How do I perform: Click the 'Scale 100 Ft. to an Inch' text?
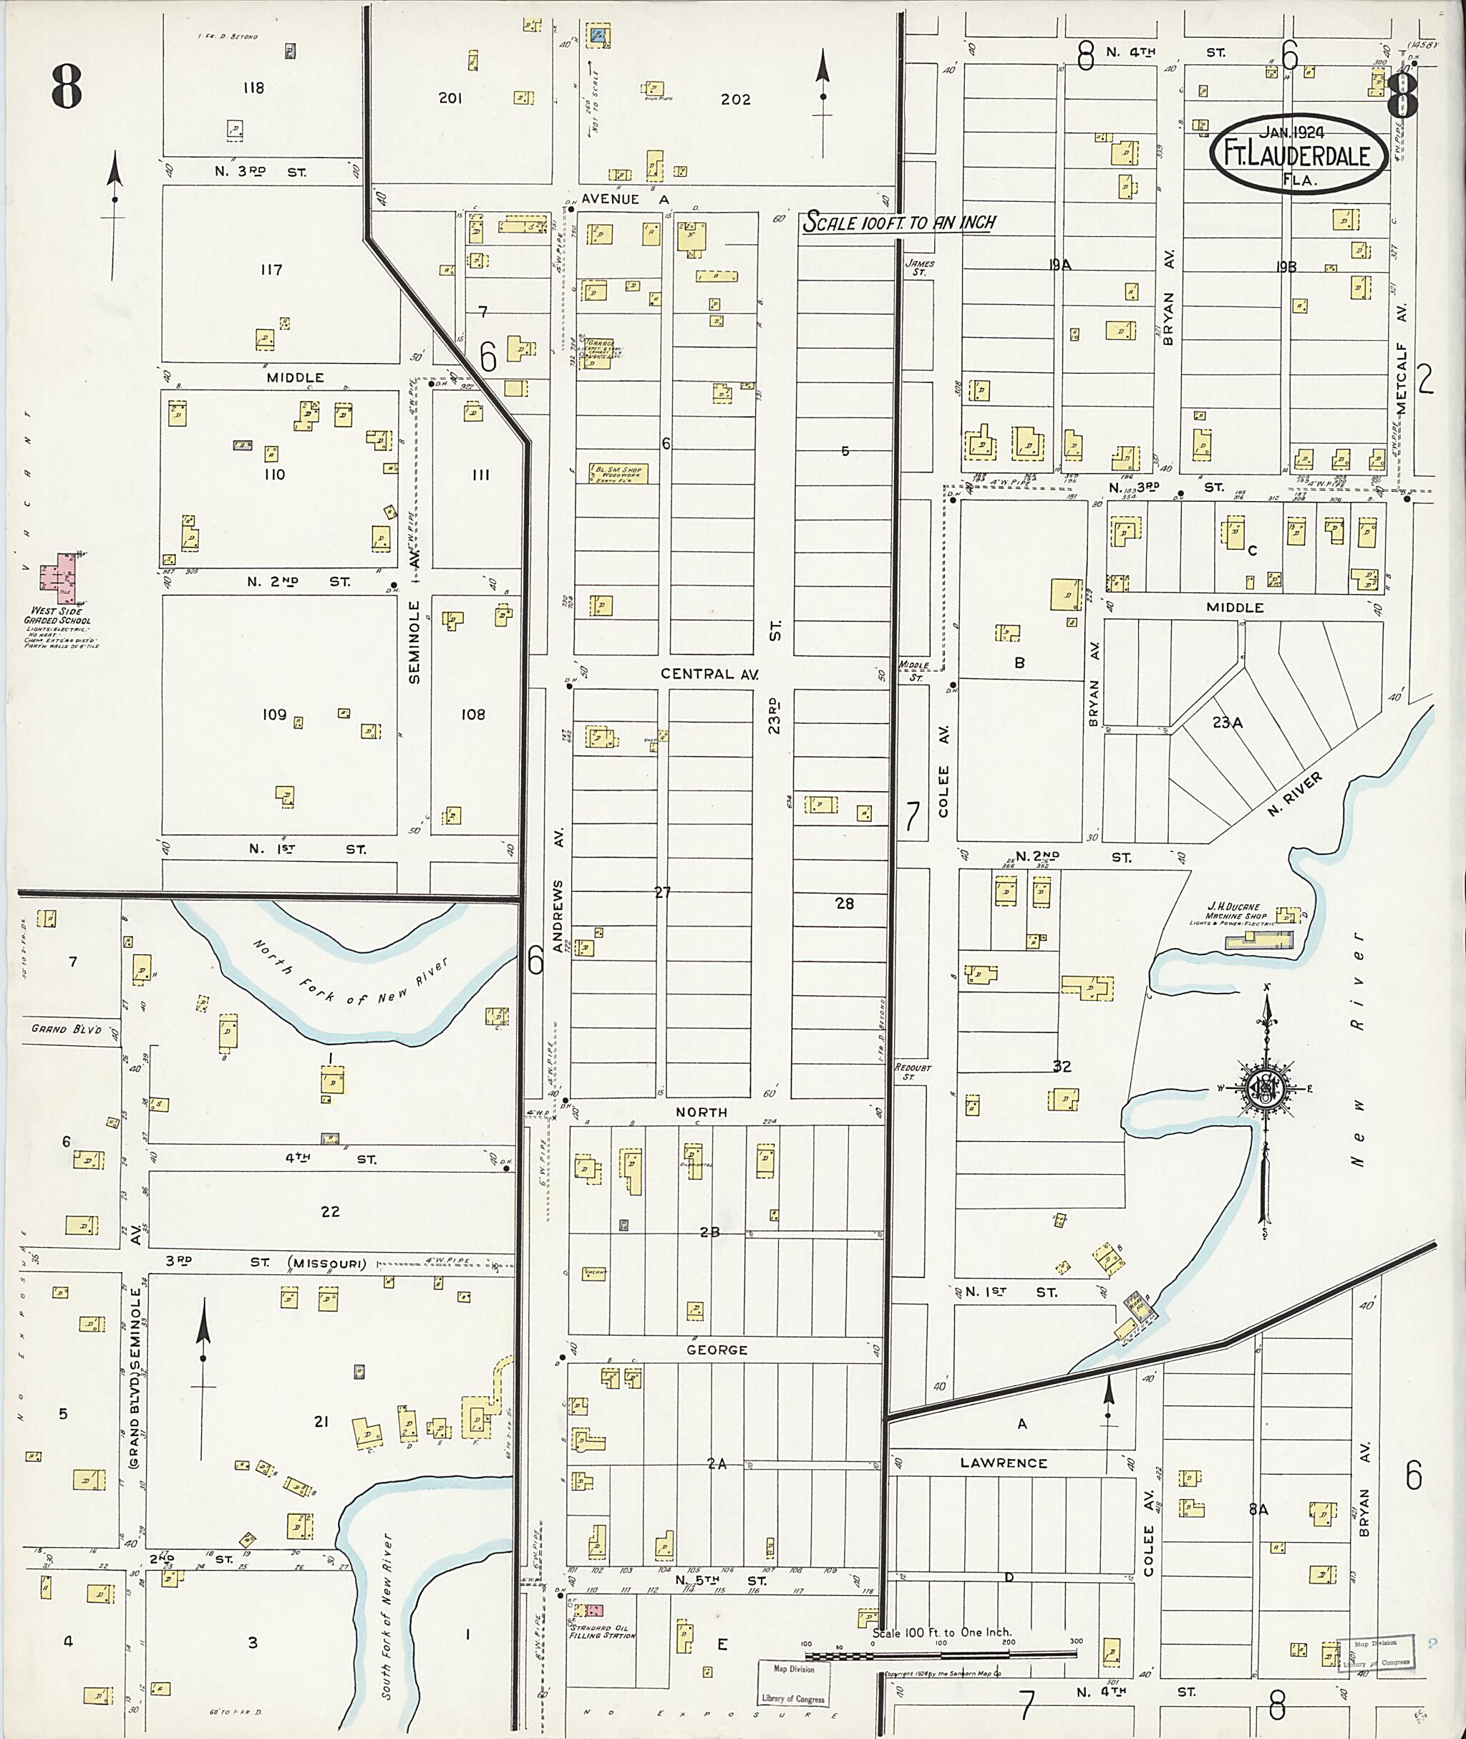[898, 223]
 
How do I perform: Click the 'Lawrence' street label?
[1003, 1462]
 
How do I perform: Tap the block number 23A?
[1227, 723]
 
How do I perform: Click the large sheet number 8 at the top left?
[67, 87]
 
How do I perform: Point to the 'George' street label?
[717, 1350]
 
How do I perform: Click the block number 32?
[1062, 1067]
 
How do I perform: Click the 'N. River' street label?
[1295, 794]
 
